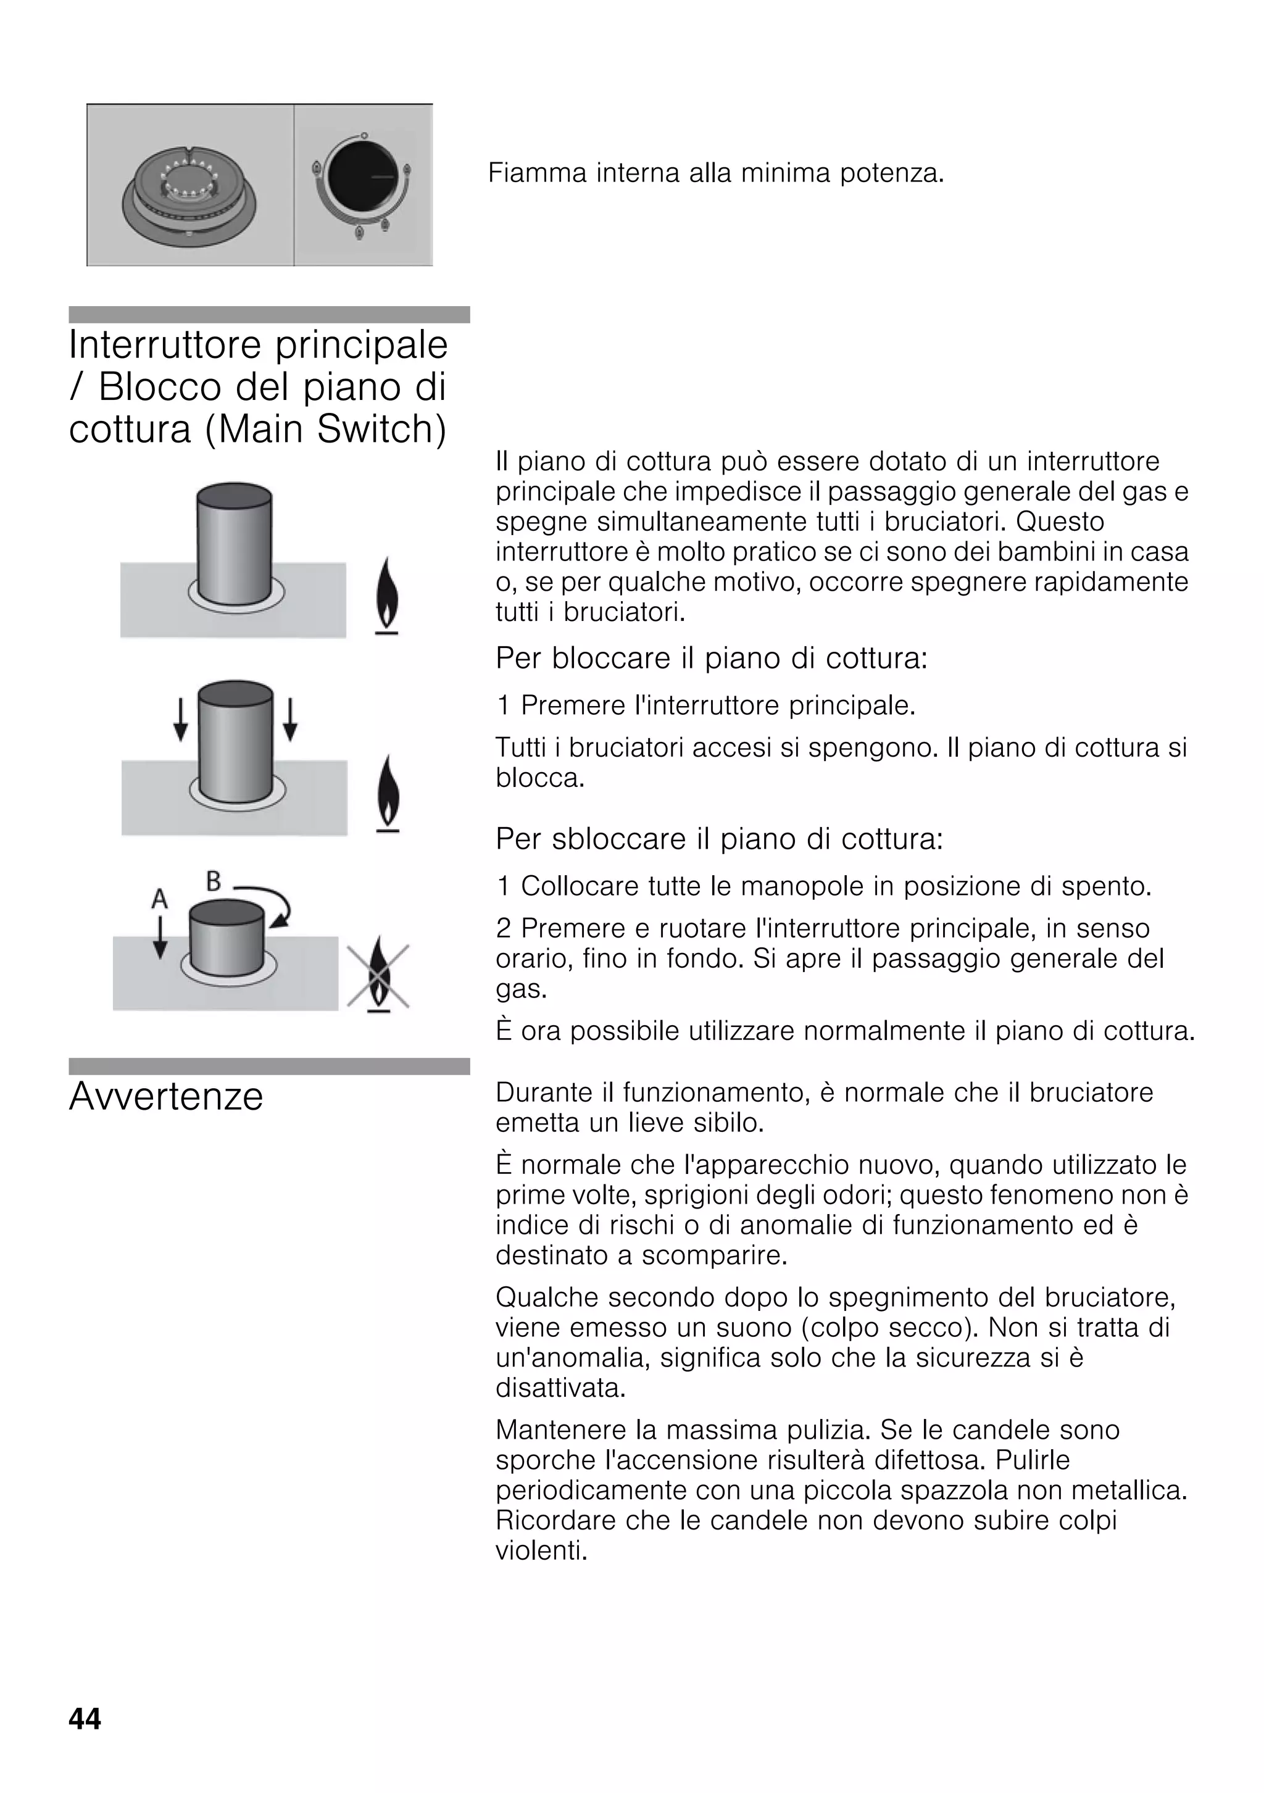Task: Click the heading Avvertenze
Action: [166, 1096]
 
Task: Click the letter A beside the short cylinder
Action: [159, 899]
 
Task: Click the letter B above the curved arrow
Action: [213, 881]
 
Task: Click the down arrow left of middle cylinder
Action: [180, 719]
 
